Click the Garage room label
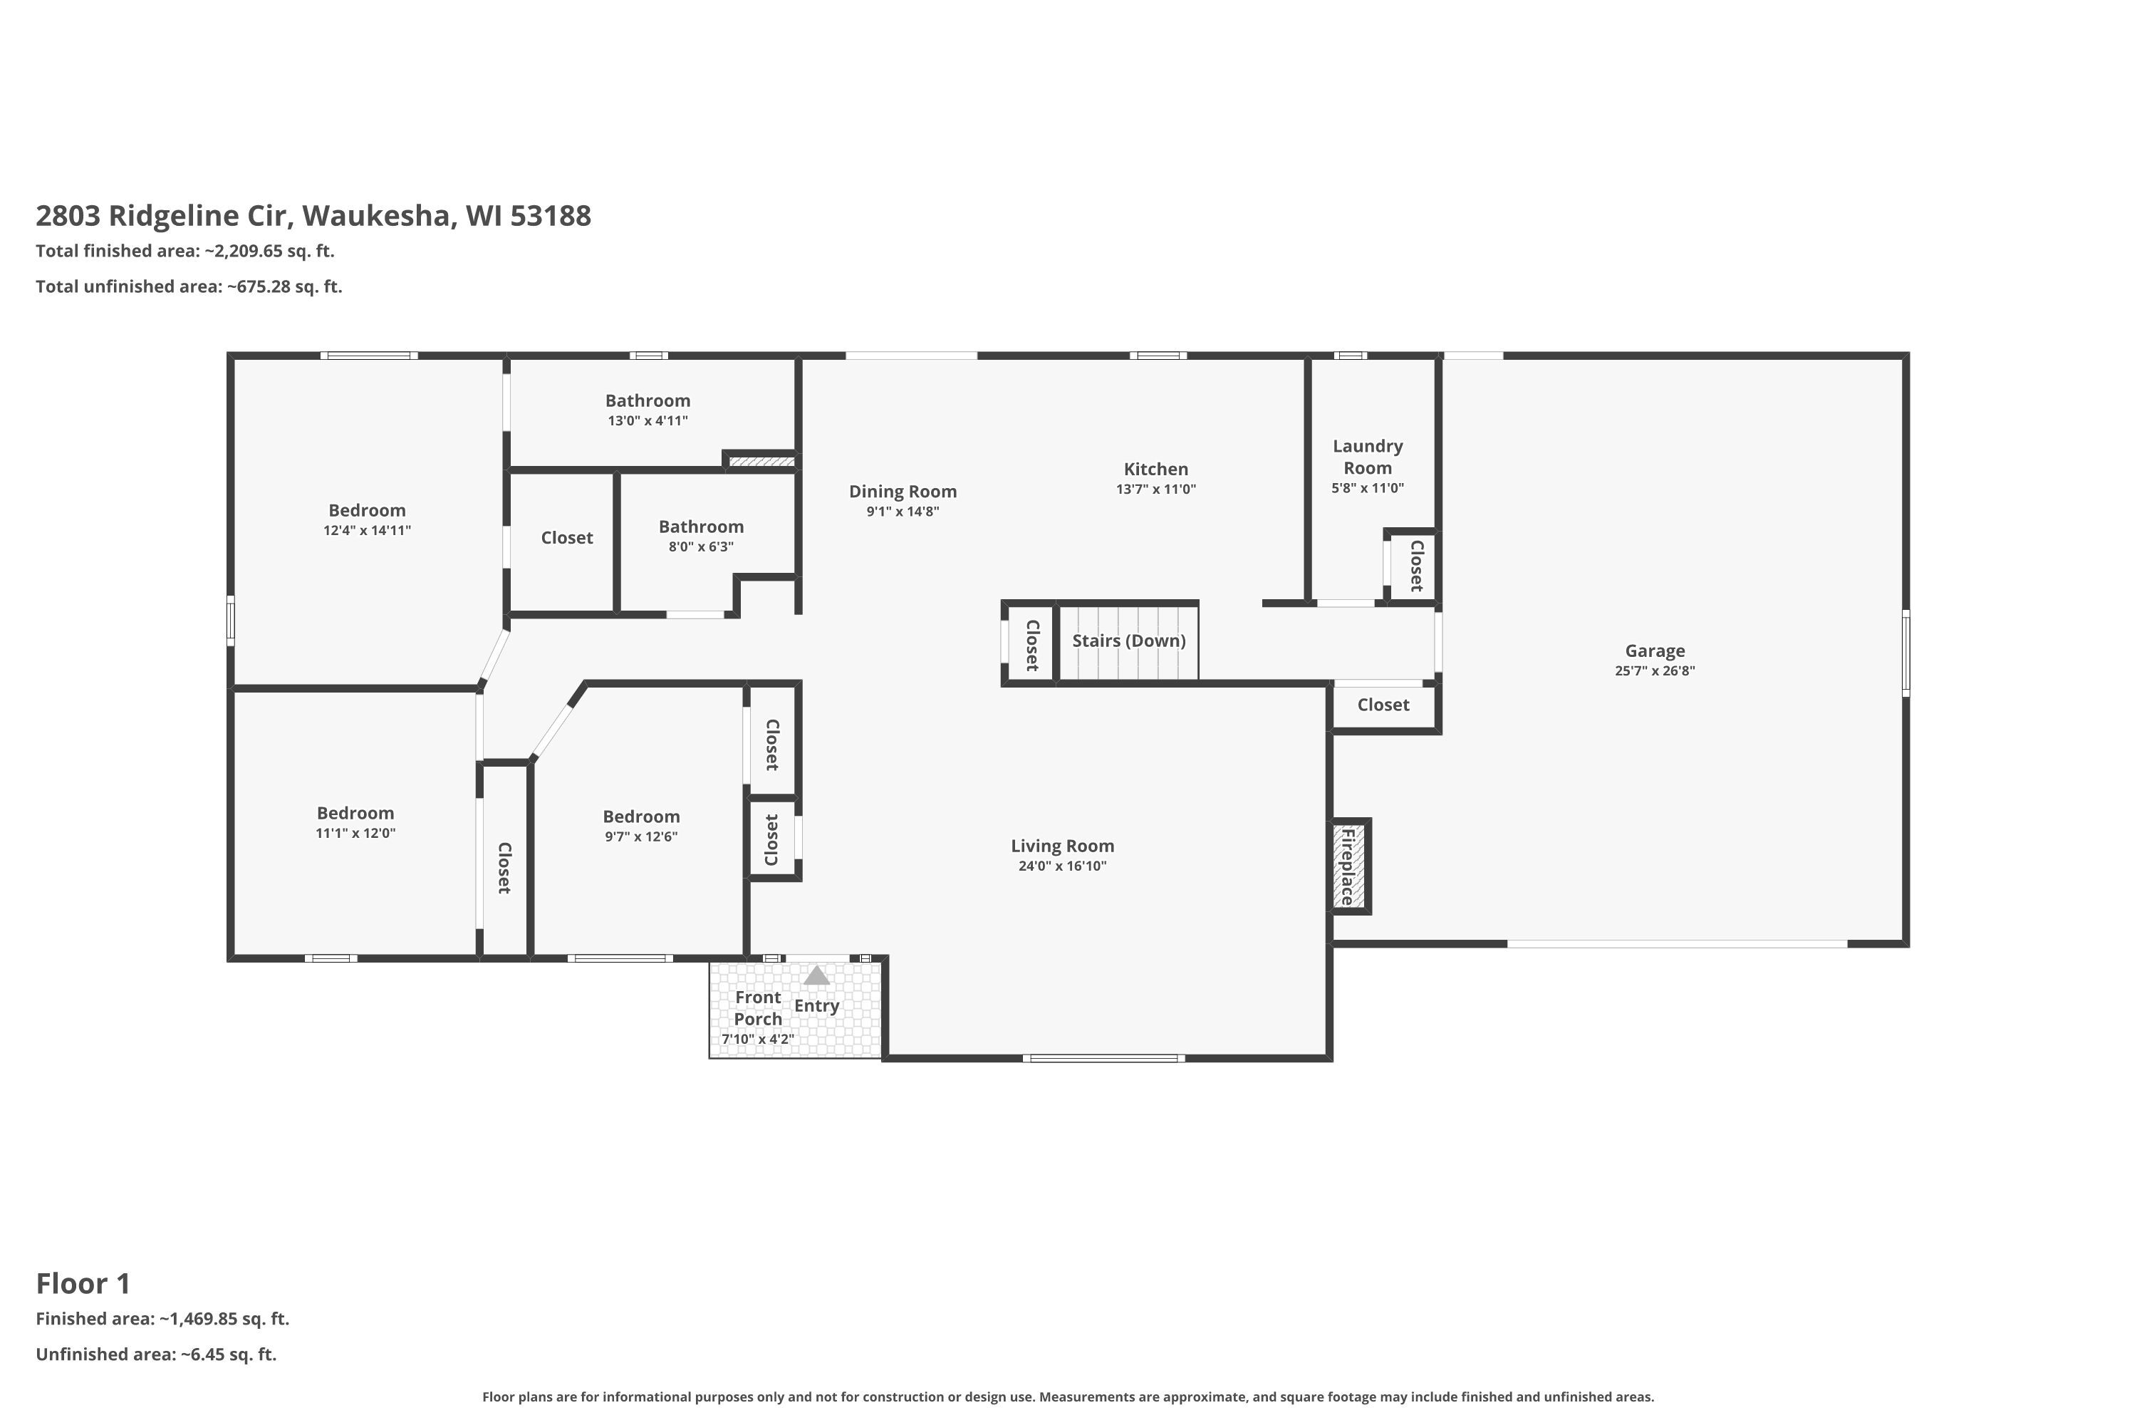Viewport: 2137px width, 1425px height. [1655, 651]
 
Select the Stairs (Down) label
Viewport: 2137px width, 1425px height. [1128, 641]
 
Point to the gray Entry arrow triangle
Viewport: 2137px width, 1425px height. [817, 975]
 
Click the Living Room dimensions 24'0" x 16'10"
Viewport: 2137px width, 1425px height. [1062, 866]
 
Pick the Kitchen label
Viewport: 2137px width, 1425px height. [1155, 469]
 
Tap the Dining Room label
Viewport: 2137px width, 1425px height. [903, 492]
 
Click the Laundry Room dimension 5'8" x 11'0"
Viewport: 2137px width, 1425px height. [1368, 488]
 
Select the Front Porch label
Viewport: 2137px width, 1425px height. [758, 1008]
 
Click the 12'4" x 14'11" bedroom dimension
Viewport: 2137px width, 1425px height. [367, 531]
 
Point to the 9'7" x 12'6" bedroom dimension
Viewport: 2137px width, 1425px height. [642, 837]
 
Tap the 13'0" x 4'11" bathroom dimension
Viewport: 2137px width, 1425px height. [648, 421]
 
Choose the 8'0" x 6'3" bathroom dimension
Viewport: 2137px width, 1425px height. [702, 547]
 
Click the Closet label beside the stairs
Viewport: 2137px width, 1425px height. [1032, 646]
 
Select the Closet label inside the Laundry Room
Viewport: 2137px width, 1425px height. [1415, 565]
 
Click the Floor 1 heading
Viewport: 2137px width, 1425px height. [83, 1283]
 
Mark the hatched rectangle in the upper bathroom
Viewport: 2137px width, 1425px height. [761, 462]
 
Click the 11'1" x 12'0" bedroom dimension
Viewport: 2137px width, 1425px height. [355, 834]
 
